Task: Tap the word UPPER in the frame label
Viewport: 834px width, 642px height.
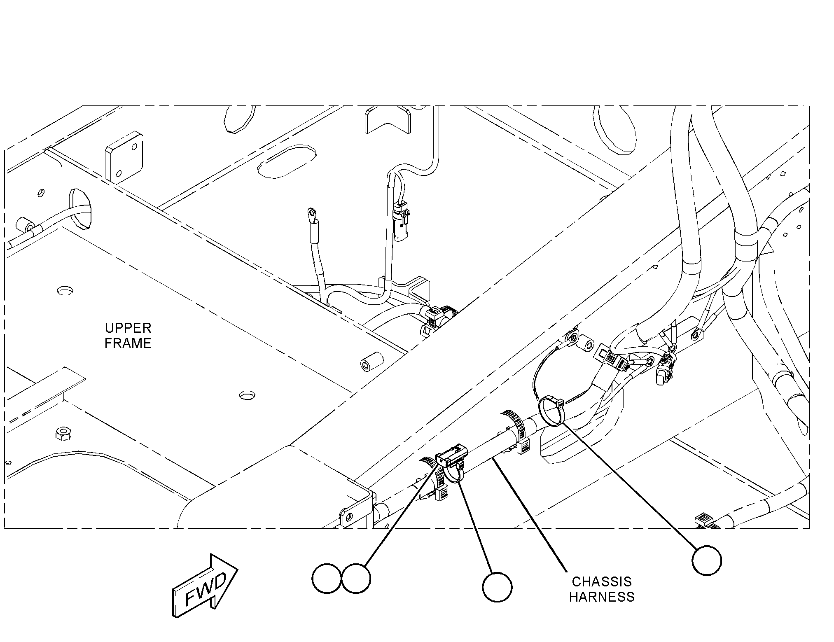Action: pos(128,328)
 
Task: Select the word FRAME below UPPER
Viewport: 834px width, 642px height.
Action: pos(128,343)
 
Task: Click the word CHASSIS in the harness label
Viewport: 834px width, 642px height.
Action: pos(602,581)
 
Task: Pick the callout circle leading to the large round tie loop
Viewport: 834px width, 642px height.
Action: pos(707,560)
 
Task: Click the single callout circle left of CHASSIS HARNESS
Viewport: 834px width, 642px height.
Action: pos(497,587)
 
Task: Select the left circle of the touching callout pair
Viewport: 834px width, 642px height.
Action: pos(327,579)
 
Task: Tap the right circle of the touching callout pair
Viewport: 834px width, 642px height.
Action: pos(356,579)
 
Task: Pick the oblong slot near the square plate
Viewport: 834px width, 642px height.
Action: pos(287,161)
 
